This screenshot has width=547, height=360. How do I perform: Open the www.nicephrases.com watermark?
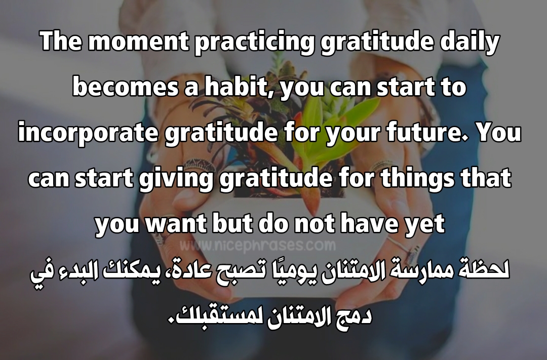tap(257, 245)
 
